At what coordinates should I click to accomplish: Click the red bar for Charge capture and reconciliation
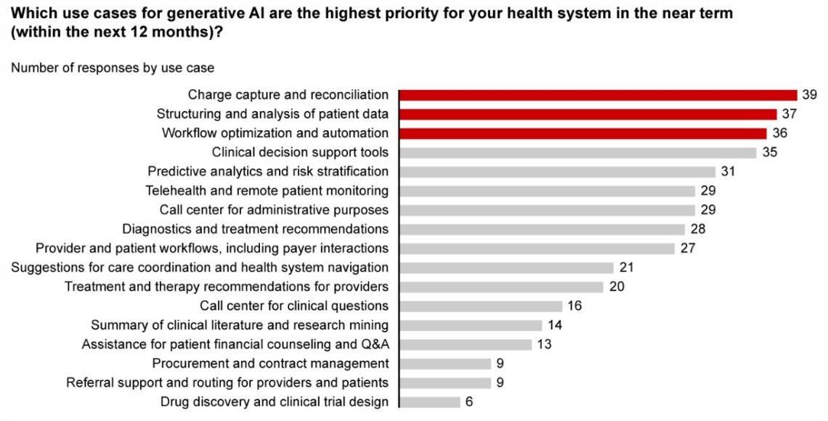598,95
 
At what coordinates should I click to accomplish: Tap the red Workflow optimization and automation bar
583,134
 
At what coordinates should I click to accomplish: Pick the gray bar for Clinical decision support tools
578,152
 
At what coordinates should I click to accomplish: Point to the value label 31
728,172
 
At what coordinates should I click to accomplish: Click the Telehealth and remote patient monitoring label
267,191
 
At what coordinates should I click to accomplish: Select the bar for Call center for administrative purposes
548,210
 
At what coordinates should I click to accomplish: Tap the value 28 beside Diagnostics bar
698,229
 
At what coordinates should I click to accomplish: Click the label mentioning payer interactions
212,248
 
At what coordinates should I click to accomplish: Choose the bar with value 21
507,268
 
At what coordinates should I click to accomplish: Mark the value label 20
617,287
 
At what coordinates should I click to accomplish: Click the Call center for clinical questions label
294,306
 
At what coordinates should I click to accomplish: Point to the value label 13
545,344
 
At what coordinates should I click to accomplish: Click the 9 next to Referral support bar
500,383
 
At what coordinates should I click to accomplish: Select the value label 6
469,402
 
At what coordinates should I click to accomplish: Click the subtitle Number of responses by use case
113,68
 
